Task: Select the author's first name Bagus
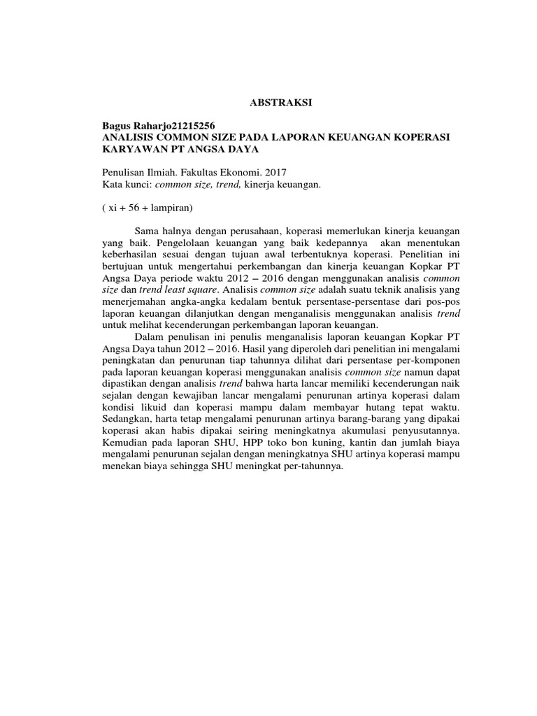pyautogui.click(x=117, y=125)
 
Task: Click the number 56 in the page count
pyautogui.click(x=137, y=208)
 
